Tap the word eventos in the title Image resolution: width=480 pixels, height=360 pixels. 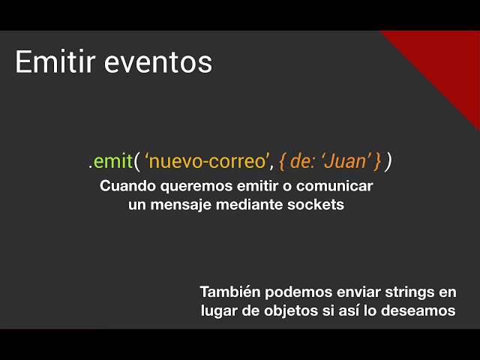(158, 62)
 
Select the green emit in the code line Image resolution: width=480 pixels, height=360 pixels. (113, 160)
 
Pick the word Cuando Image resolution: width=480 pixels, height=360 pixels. (124, 185)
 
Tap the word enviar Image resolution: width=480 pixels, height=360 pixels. (349, 291)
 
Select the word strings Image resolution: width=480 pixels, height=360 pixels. (406, 291)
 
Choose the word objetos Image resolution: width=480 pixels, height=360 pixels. (284, 310)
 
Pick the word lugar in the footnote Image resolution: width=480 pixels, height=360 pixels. (219, 310)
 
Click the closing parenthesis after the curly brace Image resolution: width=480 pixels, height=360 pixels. (388, 160)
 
